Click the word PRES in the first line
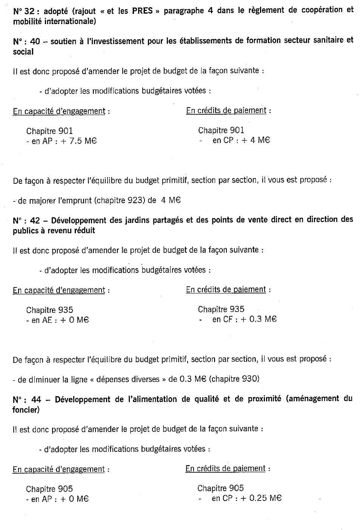point(142,11)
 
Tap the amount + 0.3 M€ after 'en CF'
point(259,319)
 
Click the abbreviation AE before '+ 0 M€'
point(46,320)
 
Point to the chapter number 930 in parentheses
point(248,379)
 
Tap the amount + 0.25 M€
point(261,498)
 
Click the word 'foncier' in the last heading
point(25,410)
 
